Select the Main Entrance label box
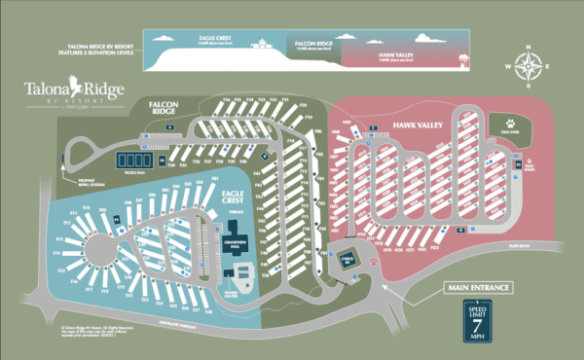click(477, 287)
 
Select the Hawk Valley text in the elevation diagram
click(394, 57)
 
